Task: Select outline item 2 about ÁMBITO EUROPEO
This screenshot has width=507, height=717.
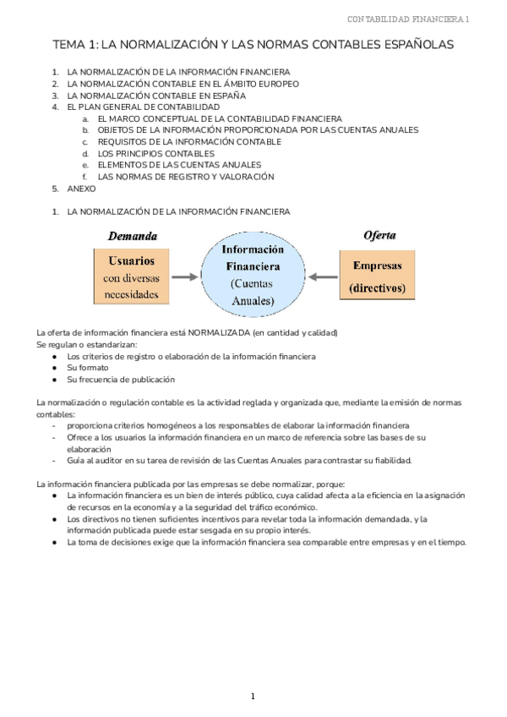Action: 183,85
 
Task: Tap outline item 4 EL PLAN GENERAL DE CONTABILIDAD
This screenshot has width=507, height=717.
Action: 144,107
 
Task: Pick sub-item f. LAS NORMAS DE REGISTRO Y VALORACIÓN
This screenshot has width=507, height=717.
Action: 186,177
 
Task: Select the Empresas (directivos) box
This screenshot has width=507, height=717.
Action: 377,276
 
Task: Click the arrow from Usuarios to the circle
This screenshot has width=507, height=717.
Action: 185,276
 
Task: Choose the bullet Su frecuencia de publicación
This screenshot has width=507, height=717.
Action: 121,380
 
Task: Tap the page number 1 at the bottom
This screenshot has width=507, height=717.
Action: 253,696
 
